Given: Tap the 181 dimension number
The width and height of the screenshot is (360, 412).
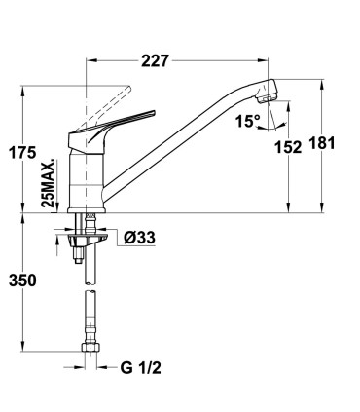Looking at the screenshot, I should pyautogui.click(x=322, y=143).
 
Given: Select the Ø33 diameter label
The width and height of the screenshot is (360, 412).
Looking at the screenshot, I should pyautogui.click(x=140, y=236).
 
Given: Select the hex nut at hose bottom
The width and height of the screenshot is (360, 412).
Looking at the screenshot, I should pyautogui.click(x=90, y=347).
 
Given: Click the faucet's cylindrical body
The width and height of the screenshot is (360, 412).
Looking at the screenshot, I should pyautogui.click(x=89, y=175).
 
